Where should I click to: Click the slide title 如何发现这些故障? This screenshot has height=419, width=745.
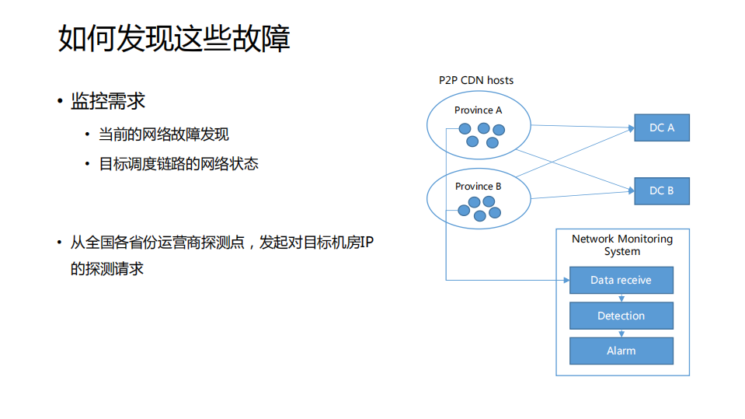point(174,39)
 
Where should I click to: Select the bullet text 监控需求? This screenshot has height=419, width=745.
point(108,101)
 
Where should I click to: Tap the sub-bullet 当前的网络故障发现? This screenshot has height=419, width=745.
point(163,134)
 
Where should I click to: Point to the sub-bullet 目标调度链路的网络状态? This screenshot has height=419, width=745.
point(179,164)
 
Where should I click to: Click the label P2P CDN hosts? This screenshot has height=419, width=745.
point(475,80)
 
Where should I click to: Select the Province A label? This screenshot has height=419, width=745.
point(478,110)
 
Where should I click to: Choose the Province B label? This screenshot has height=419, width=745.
point(478,187)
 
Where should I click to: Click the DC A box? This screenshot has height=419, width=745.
point(662,127)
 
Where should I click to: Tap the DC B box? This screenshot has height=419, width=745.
point(662,190)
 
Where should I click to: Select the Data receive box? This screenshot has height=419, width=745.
point(621,280)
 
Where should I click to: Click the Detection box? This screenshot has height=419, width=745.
point(621,316)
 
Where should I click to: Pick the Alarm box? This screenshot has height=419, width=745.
point(621,351)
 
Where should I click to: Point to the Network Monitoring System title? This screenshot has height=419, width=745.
point(621,245)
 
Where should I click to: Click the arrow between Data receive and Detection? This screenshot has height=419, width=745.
point(621,298)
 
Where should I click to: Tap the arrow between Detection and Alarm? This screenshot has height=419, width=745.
point(621,333)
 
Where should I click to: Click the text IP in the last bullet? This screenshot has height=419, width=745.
point(366,243)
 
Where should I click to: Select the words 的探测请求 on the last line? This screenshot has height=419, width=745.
point(107,269)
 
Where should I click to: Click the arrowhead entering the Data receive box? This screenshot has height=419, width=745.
point(566,279)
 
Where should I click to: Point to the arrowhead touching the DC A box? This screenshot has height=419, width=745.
point(631,127)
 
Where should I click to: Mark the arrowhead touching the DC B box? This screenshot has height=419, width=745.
point(631,190)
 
